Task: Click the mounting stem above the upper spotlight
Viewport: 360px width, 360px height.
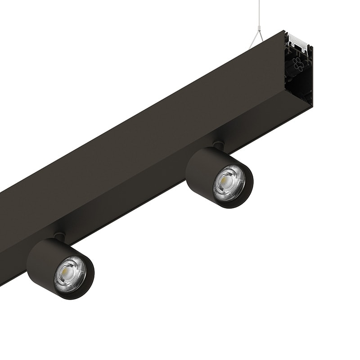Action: point(219,145)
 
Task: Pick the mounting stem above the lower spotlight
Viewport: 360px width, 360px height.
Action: point(59,236)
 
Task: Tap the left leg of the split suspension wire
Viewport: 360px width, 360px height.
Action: point(253,40)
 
